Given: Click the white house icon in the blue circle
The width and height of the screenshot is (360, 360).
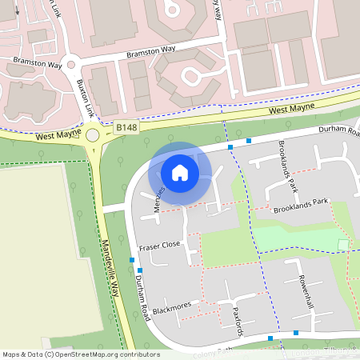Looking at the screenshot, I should coord(180,172).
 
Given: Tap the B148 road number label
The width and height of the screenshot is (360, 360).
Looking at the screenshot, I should coord(126,126).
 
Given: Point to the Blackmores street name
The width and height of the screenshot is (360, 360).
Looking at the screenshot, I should coord(174,308).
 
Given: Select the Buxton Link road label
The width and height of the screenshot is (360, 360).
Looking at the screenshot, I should coord(80,96).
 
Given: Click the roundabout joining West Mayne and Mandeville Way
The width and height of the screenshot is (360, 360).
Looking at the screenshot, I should coord(94,135).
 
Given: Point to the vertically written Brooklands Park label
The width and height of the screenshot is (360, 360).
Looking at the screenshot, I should coord(287,166).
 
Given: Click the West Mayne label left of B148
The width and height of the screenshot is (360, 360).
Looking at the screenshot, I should coord(58,135).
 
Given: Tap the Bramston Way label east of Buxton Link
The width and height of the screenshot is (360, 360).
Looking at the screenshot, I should coord(151,53).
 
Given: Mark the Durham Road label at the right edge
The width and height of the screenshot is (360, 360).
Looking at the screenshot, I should coord(339,130).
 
